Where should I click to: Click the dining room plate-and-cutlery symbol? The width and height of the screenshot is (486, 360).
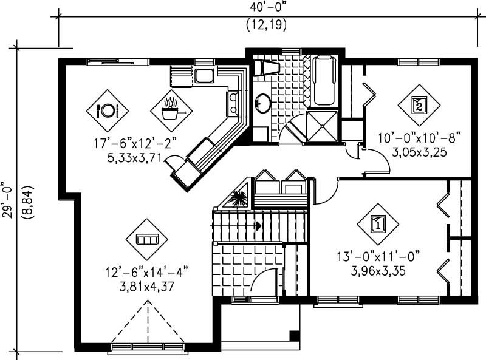tap(107, 110)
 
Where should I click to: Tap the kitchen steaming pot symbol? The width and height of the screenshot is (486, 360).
tap(171, 110)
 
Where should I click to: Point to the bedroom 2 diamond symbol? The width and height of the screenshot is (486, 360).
tap(419, 105)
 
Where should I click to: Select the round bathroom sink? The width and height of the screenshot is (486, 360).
tap(262, 103)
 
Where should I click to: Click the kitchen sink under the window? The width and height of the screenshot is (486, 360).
tap(204, 76)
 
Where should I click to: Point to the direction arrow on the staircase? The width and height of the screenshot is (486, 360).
tap(259, 226)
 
